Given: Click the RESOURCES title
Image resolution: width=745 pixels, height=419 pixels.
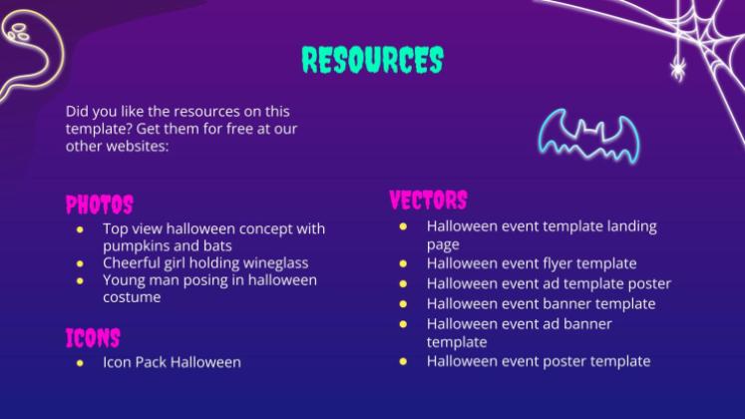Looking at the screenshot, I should (372, 60).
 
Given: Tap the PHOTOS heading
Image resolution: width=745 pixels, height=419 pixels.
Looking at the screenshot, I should (99, 206).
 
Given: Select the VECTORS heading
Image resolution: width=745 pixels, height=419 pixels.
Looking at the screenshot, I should (428, 201).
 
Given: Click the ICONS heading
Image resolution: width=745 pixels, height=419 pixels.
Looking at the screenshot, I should (93, 337).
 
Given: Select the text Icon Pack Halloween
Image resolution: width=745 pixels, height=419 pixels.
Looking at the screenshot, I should (172, 362).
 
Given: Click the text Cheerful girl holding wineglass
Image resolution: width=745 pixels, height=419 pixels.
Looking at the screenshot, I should (205, 263).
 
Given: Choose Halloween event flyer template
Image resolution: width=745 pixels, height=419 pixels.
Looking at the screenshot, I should (532, 263).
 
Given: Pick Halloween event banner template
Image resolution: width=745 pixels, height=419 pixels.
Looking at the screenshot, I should (541, 303).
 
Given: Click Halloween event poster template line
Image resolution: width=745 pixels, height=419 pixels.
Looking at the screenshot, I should (539, 361).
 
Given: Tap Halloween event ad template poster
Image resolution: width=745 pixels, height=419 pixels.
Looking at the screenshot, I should (549, 283).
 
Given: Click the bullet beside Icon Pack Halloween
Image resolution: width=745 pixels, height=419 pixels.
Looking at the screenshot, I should (80, 362).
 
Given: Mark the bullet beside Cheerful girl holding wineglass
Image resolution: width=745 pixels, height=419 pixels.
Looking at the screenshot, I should (80, 263).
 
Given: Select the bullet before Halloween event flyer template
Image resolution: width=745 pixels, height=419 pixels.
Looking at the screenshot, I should (403, 263).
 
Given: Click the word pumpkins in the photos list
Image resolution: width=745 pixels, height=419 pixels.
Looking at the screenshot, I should (138, 245).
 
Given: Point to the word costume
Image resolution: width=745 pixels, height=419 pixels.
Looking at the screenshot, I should (132, 297).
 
